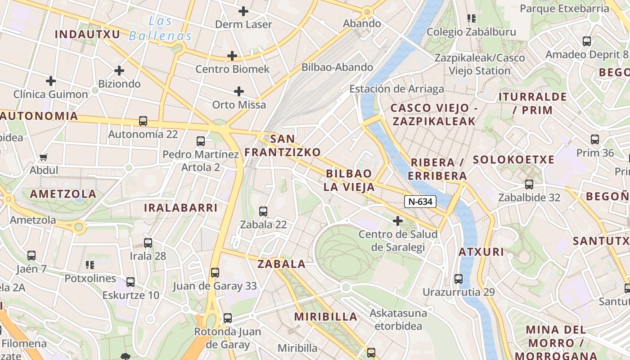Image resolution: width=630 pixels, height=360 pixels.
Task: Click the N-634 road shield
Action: tap(420, 202)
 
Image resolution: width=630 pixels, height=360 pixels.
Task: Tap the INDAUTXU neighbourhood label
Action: tap(87, 34)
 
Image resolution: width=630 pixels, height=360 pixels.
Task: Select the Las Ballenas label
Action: tap(160, 28)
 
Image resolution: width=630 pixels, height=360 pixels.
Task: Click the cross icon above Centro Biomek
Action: tap(232, 56)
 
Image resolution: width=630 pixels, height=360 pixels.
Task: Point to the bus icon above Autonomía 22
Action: tap(143, 121)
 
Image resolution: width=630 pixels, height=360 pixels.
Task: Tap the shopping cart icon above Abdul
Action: tap(44, 157)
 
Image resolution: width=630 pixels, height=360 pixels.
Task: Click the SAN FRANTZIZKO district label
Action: tap(283, 145)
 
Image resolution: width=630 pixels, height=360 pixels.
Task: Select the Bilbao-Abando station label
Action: tap(337, 67)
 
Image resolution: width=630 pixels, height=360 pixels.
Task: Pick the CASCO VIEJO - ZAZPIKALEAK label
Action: tap(434, 114)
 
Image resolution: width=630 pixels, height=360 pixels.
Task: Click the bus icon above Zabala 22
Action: tap(263, 211)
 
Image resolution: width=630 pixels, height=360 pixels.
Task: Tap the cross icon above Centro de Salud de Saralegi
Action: tap(397, 221)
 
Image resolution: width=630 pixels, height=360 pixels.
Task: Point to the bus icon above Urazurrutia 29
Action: tap(459, 279)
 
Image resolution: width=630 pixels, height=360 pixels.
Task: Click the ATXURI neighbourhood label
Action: tap(481, 252)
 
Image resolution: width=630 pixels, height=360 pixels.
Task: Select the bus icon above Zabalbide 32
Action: tap(529, 184)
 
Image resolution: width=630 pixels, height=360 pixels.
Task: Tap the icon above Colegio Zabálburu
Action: tap(471, 18)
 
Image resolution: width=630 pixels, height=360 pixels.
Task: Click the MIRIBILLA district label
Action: tap(326, 317)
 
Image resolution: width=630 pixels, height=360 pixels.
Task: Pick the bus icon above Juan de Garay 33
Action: tap(215, 272)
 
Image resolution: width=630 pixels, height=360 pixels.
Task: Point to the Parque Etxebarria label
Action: tap(571, 9)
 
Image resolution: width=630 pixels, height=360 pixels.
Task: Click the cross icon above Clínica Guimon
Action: tap(51, 81)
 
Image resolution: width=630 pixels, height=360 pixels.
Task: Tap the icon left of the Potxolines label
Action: tap(90, 265)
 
